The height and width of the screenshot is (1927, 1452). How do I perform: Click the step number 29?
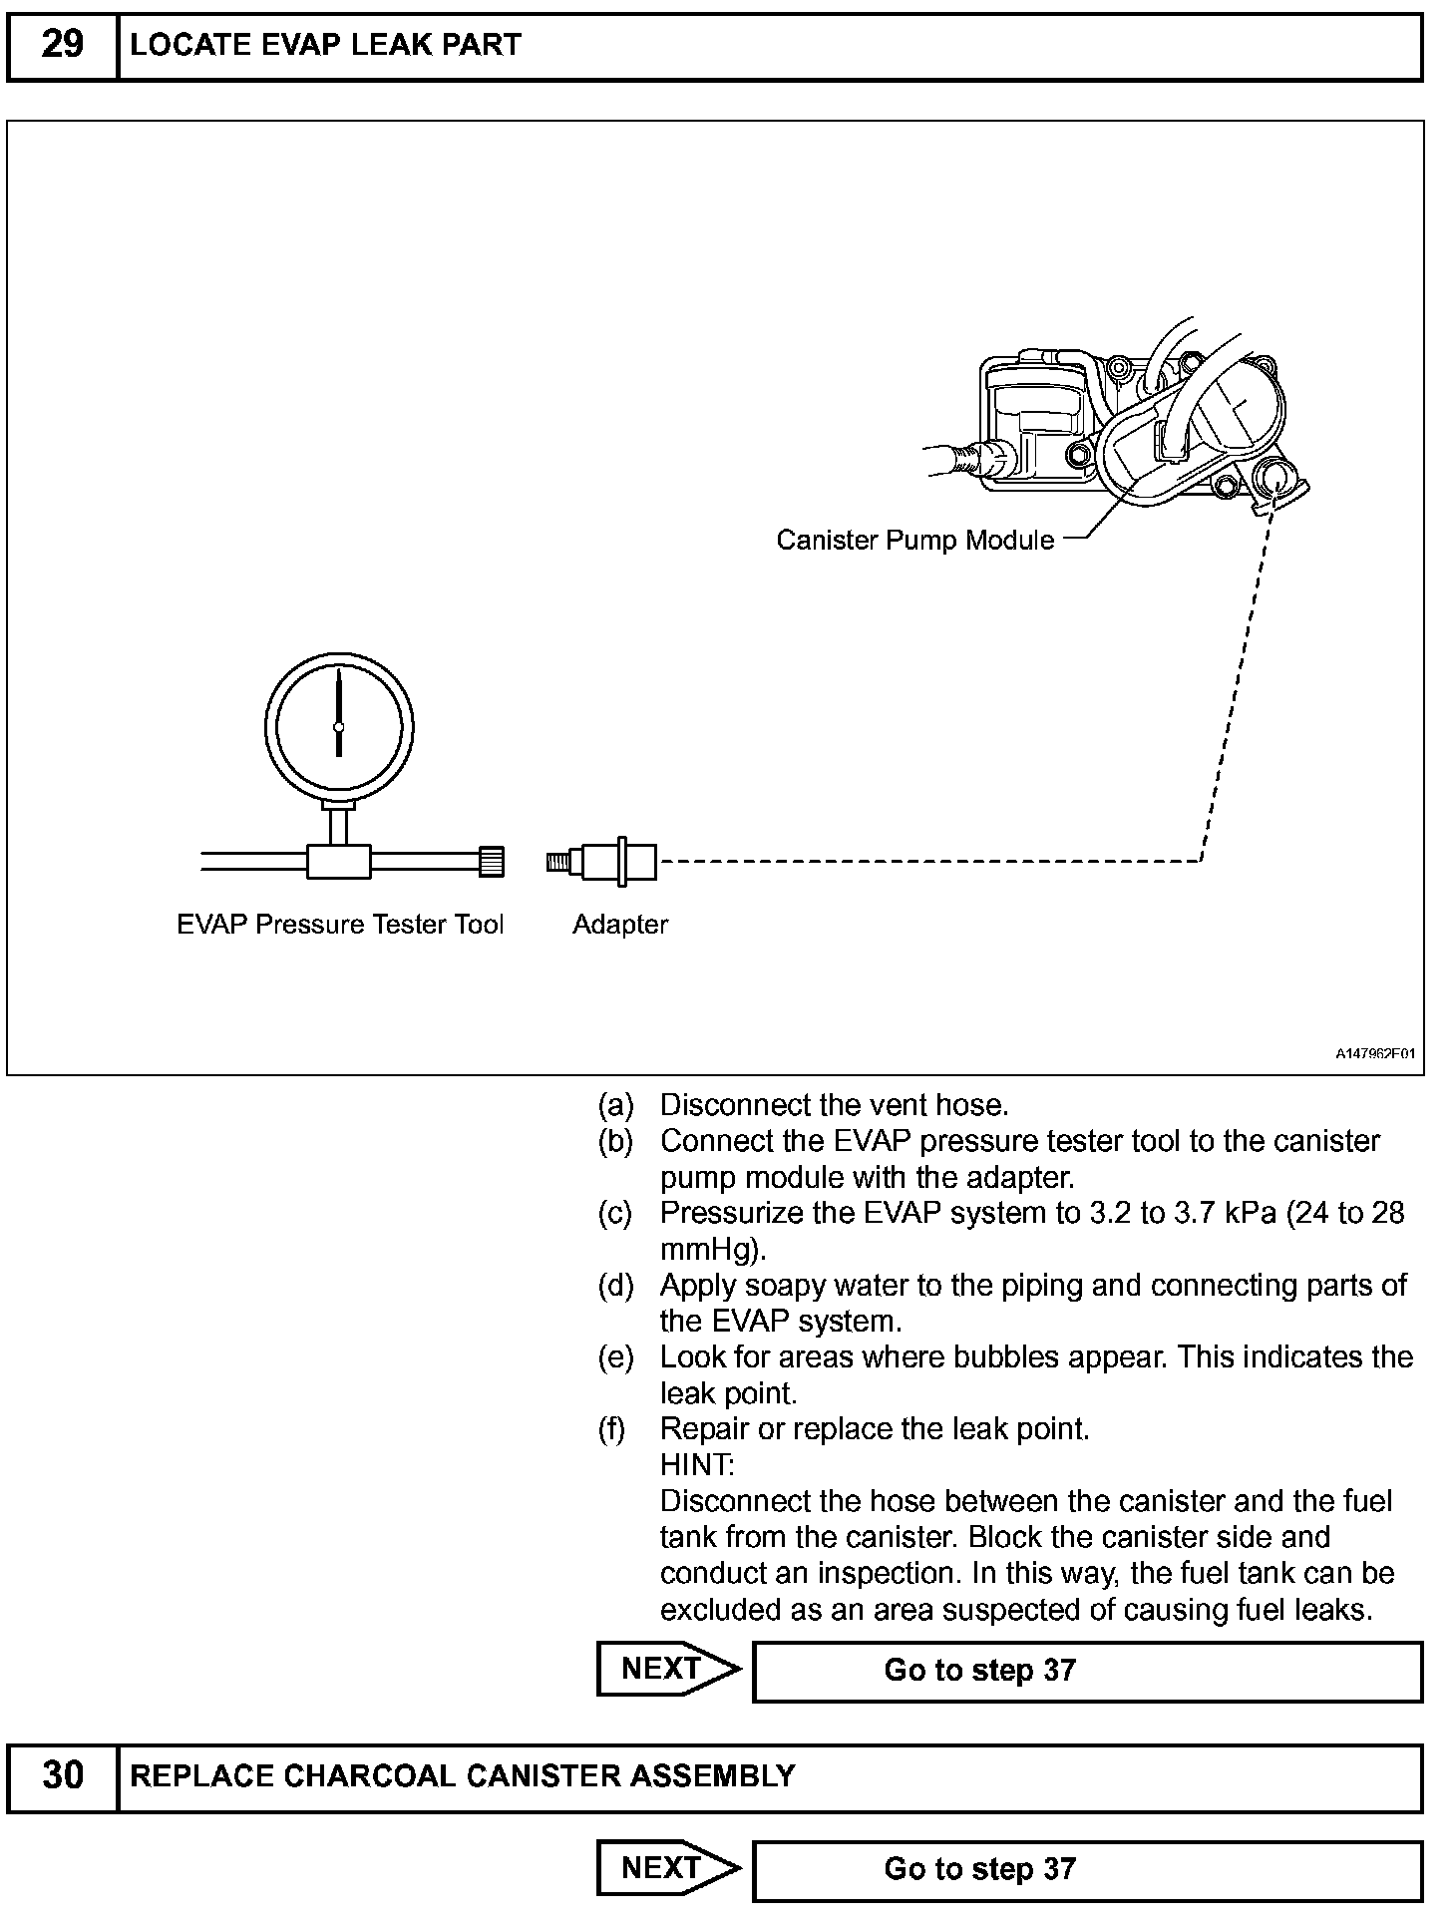click(62, 46)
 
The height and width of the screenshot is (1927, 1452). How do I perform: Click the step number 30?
click(62, 1776)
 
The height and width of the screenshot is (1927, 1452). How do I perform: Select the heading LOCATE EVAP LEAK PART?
click(325, 46)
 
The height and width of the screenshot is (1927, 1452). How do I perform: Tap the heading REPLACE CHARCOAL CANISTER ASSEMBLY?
click(463, 1776)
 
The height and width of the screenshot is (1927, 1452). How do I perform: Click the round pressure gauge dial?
click(339, 725)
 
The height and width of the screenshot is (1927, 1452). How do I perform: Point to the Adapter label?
click(619, 925)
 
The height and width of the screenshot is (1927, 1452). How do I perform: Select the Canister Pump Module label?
click(914, 541)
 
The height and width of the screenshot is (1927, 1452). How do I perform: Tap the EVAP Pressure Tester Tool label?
click(340, 925)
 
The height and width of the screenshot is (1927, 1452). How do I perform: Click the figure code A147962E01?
click(1376, 1053)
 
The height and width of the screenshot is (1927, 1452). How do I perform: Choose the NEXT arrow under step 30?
click(667, 1868)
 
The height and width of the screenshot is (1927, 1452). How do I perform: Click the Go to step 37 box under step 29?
click(1086, 1671)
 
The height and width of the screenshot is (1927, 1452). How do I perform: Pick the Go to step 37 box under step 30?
click(1086, 1870)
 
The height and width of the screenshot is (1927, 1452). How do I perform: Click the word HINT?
click(697, 1465)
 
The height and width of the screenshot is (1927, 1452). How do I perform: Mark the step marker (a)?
click(615, 1105)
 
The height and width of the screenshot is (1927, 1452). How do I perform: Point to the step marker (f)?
click(613, 1429)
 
